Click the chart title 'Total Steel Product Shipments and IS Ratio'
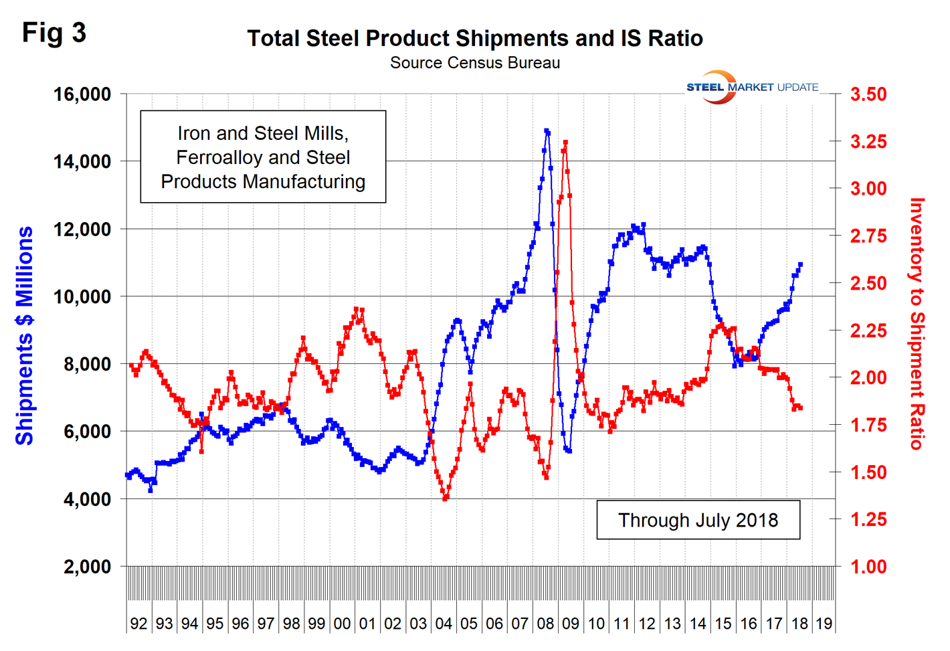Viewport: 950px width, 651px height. (475, 39)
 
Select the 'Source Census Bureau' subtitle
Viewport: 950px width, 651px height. (475, 63)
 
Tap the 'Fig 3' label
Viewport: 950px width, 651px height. (54, 33)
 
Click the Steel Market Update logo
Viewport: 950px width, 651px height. (752, 87)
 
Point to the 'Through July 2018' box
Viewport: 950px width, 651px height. (698, 520)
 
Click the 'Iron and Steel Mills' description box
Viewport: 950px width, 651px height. (263, 157)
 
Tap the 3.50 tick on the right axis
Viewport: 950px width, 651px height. (868, 94)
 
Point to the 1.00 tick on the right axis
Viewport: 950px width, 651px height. (868, 567)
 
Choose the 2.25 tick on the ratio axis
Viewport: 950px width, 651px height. (868, 331)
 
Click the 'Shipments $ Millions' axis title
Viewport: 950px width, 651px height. (25, 336)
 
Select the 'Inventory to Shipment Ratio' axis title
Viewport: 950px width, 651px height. (917, 324)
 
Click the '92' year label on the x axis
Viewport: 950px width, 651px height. (138, 624)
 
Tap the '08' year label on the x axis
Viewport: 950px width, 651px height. (545, 624)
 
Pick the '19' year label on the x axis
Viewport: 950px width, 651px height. (824, 624)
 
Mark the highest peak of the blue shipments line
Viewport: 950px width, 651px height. (547, 131)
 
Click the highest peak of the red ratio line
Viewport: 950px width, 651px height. (565, 143)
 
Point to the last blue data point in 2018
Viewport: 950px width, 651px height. (800, 265)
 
